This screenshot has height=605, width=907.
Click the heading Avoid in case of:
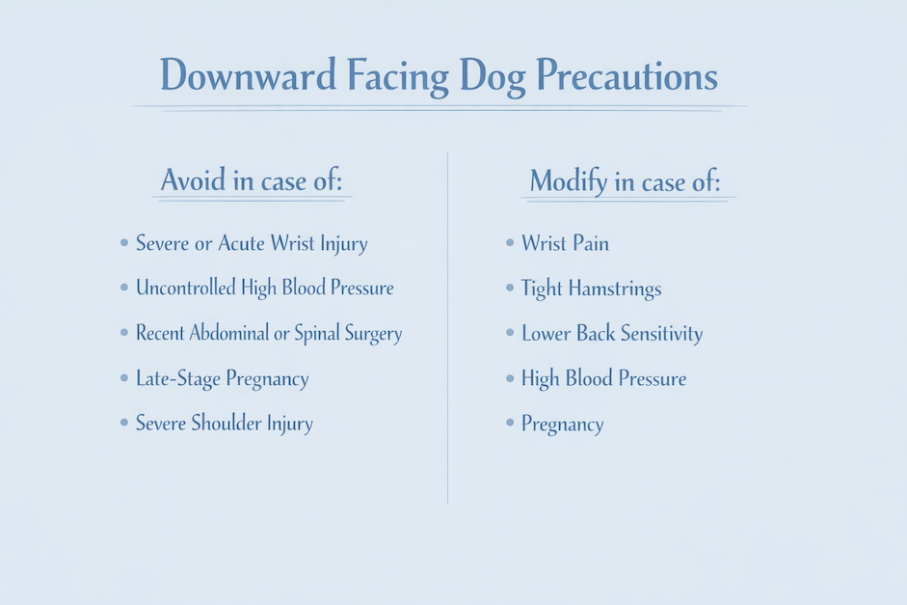pos(252,180)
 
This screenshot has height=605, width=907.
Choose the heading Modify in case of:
pos(625,180)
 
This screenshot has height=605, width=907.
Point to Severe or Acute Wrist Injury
pos(252,243)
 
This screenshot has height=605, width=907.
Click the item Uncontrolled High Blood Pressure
pos(264,288)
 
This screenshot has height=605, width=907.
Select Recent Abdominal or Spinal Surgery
pos(269,333)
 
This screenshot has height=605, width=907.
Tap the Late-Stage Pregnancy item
pos(222,378)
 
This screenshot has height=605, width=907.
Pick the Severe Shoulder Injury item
pos(224,424)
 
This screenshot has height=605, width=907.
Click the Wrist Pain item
pos(565,243)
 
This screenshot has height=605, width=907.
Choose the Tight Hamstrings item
pos(591,289)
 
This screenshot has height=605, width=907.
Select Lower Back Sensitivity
pos(612,334)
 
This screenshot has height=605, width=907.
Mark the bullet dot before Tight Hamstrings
pos(510,288)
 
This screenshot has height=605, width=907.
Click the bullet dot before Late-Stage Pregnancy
pos(124,378)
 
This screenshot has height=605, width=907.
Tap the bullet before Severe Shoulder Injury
pos(124,424)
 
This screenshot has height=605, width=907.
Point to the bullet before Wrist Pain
pos(510,243)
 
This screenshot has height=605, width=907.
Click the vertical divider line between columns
pos(448,328)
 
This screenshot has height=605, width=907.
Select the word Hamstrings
pos(614,289)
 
